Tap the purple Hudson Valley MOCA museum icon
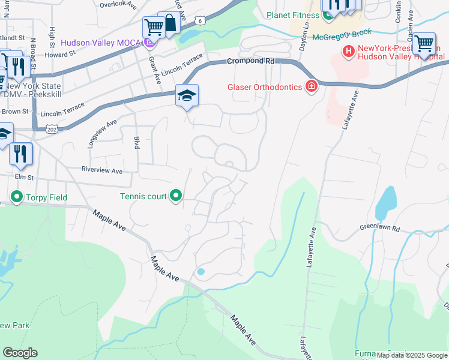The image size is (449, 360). pyautogui.click(x=149, y=43)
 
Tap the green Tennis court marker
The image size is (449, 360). pyautogui.click(x=176, y=196)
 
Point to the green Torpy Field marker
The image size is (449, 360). pyautogui.click(x=16, y=197)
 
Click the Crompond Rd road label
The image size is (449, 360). pyautogui.click(x=250, y=61)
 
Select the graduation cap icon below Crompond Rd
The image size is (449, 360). pyautogui.click(x=187, y=95)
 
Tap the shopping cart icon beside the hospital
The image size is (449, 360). pyautogui.click(x=424, y=43)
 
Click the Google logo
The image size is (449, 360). pyautogui.click(x=20, y=353)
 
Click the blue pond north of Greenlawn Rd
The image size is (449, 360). pyautogui.click(x=385, y=203)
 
